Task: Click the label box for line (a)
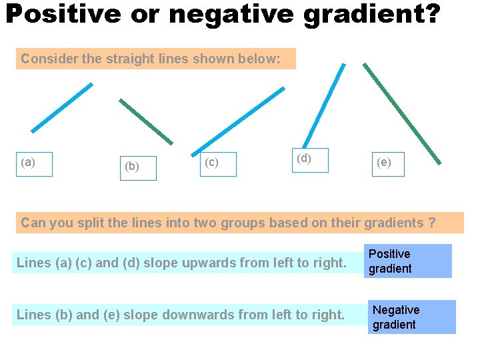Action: pos(35,163)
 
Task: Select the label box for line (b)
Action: pos(139,168)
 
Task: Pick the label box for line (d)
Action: pos(310,160)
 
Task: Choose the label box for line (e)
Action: pos(388,164)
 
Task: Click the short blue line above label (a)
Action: pos(62,107)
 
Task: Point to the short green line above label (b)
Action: pos(146,121)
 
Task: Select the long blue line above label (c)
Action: pos(238,120)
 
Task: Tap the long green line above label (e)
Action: pos(401,113)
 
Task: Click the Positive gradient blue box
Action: pos(409,261)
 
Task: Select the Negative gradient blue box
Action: pos(412,317)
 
